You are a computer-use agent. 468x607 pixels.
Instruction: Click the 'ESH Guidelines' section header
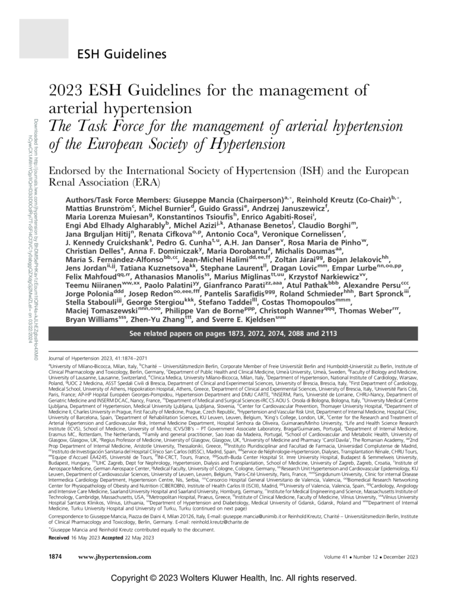pos(121,55)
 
